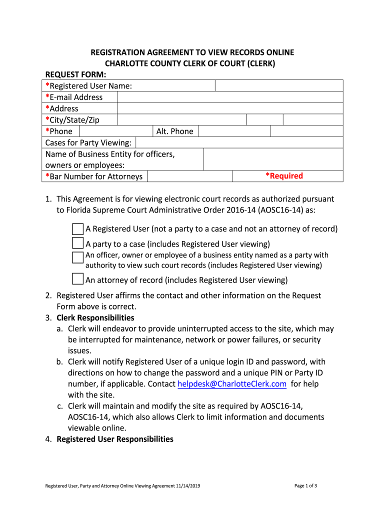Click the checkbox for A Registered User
77,229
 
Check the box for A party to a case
77,243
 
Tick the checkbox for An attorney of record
77,279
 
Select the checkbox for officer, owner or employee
77,257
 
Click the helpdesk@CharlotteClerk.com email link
232,384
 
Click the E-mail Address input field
230,97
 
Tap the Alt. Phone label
174,131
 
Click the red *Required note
284,176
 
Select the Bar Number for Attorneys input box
189,176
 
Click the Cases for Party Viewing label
88,142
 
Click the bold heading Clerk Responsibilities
95,317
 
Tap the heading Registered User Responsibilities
115,439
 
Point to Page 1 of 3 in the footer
306,485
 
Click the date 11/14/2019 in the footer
188,485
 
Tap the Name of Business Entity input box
273,159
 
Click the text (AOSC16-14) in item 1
283,209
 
